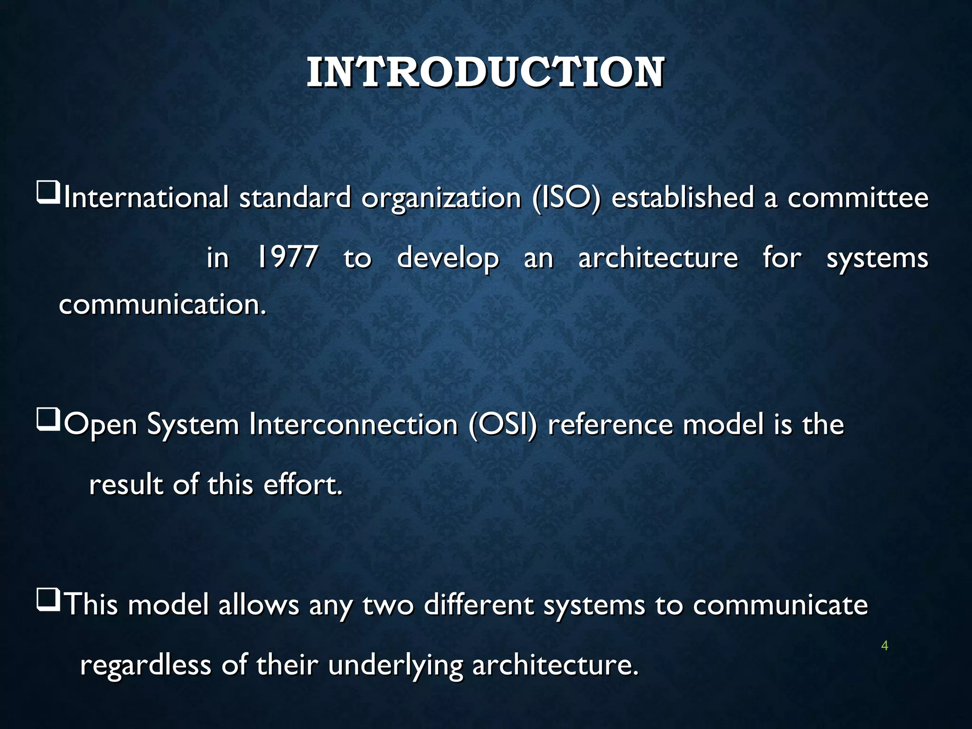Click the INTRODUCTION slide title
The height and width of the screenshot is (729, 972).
click(485, 73)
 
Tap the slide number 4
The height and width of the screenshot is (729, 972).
click(884, 645)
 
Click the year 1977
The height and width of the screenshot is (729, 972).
click(287, 258)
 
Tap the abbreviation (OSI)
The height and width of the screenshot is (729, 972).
click(503, 424)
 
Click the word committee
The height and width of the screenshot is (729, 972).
click(858, 198)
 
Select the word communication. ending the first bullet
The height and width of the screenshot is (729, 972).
click(162, 304)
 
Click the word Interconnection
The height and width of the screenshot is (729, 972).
click(353, 424)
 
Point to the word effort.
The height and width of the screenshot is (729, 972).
click(302, 485)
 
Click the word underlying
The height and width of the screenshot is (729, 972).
click(395, 666)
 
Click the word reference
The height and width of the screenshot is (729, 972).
click(610, 424)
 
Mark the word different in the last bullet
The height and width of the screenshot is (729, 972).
click(478, 605)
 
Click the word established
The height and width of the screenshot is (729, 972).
click(682, 198)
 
